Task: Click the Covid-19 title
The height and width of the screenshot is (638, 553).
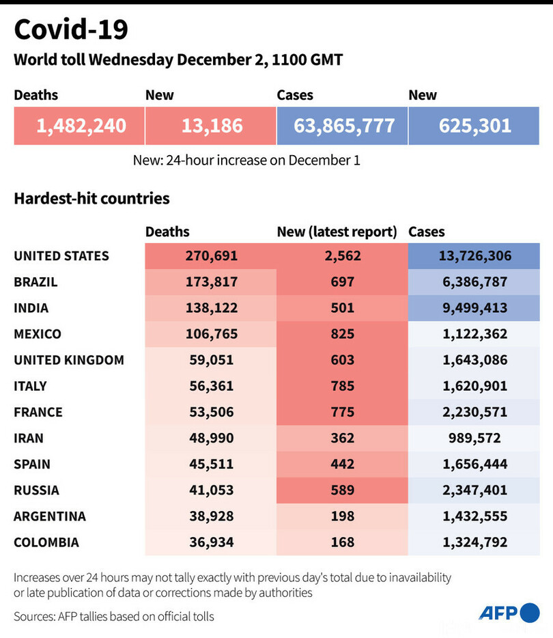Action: [x=71, y=30]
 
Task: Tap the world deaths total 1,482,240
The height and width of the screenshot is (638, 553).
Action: [x=81, y=126]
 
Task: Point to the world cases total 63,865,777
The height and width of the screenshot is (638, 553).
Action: [x=344, y=126]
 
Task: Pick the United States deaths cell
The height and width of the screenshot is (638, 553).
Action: [x=211, y=256]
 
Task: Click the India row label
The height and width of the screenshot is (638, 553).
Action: [x=31, y=308]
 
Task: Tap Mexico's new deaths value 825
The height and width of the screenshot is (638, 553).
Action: [x=342, y=334]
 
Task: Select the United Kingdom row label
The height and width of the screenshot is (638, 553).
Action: [x=69, y=360]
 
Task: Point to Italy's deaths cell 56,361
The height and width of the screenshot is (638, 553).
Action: [x=211, y=386]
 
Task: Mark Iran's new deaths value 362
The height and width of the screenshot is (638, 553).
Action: [x=342, y=438]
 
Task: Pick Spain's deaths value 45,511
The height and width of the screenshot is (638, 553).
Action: [x=211, y=464]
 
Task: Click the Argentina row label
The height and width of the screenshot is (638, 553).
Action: [x=50, y=516]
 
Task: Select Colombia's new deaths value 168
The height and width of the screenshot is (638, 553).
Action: [x=342, y=542]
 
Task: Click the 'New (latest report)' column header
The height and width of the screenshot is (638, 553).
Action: [x=337, y=232]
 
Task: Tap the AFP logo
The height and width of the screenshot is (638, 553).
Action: [x=509, y=613]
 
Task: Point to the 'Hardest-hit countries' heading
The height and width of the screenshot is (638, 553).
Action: [x=91, y=199]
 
